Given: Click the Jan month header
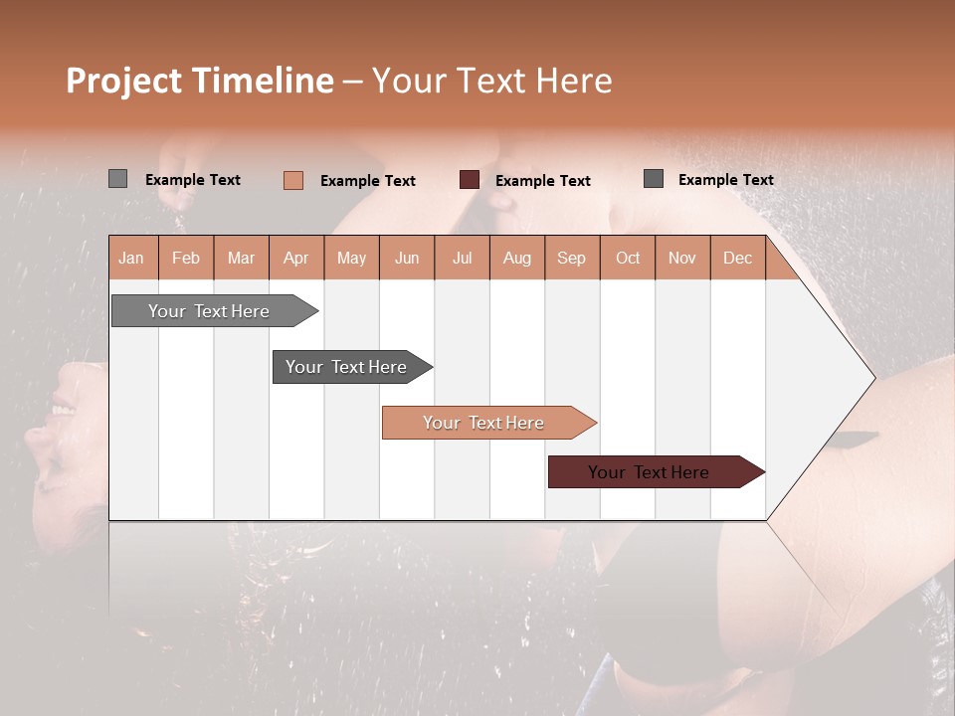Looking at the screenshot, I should [132, 258].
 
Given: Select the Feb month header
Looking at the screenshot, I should [186, 258].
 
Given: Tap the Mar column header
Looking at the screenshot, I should [241, 258].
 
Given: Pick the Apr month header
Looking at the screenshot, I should [296, 258].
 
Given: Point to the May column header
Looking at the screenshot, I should [351, 258].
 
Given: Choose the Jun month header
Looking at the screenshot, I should [407, 258].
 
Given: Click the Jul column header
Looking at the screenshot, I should [462, 258].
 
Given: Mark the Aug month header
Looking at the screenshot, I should [517, 258].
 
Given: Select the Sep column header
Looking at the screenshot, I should [572, 258].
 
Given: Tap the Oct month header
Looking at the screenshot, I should [628, 258].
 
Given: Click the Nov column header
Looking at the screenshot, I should [682, 258].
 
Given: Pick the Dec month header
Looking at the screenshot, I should [737, 258].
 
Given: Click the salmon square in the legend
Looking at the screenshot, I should [293, 180].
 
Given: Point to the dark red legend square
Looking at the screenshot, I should [470, 179].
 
